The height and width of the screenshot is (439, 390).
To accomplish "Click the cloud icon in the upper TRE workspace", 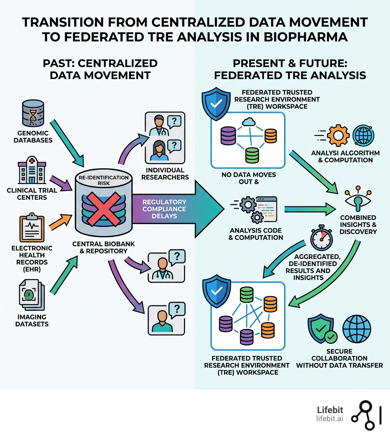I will [248, 122].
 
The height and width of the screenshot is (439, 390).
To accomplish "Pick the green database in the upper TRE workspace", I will [251, 155].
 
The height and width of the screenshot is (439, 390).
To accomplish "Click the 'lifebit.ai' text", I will [329, 419].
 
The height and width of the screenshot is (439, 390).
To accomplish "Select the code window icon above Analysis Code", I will [266, 209].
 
